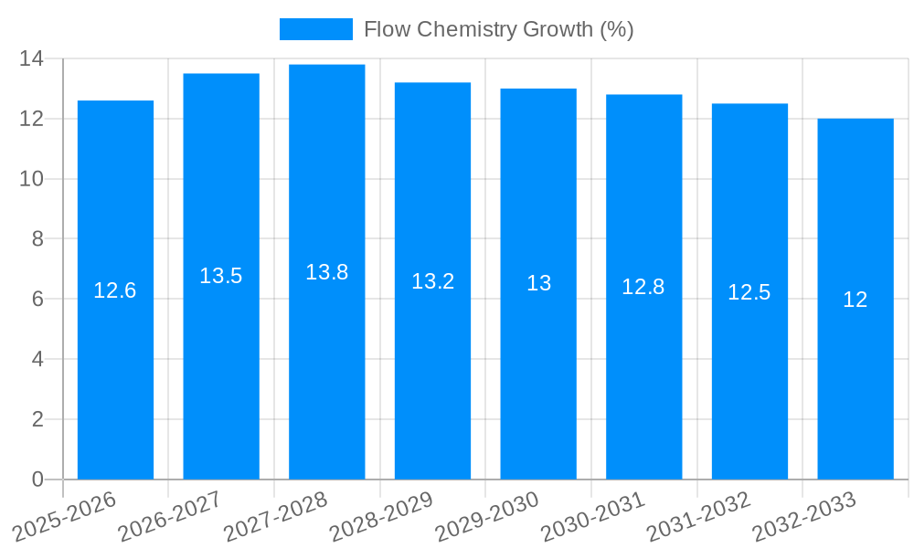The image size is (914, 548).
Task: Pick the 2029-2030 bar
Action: click(538, 384)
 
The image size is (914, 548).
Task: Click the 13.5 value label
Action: click(221, 276)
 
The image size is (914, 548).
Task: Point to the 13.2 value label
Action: click(432, 281)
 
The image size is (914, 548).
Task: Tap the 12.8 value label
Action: click(643, 287)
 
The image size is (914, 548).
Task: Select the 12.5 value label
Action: click(749, 292)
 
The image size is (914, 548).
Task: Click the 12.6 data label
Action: click(115, 290)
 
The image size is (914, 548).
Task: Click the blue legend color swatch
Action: click(315, 29)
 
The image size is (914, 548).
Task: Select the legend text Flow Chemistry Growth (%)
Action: click(498, 29)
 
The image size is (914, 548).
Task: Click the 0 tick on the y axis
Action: click(37, 479)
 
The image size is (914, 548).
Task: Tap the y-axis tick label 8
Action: click(37, 239)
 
